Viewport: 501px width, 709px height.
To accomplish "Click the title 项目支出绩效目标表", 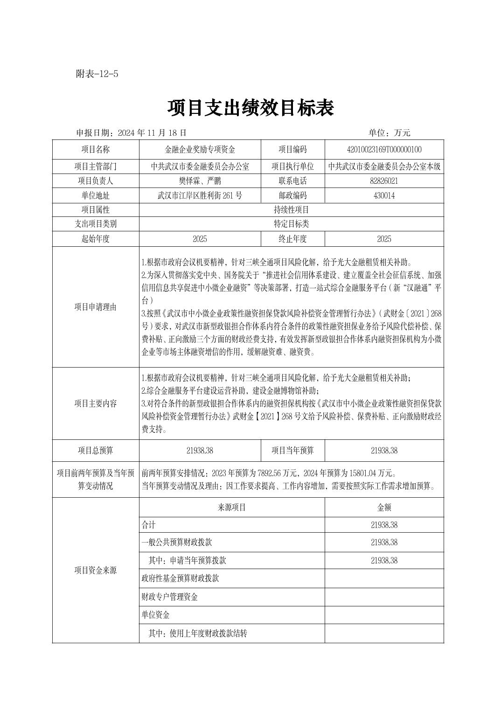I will pos(250,108).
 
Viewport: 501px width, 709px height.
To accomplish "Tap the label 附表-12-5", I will pos(97,74).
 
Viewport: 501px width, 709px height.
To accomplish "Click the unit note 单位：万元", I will pos(389,133).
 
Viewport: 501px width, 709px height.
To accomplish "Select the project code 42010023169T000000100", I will pos(384,150).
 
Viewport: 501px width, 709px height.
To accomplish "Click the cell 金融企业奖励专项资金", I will pos(200,150).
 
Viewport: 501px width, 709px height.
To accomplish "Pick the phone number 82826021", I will pos(384,181).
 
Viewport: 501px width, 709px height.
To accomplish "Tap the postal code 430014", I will pos(384,196).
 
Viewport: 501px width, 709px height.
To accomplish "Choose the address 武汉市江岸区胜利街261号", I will pos(200,196).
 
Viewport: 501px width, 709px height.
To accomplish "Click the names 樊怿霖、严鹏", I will pos(200,181).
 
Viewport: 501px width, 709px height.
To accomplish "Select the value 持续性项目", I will pos(291,210).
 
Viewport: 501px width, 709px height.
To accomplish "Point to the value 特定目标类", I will pos(291,224).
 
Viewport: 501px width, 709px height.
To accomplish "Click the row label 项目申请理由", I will pos(96,307).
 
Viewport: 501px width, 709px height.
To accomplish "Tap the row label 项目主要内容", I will pos(96,403).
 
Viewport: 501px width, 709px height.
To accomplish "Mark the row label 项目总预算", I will pos(96,451).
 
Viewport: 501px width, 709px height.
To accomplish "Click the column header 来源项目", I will pos(232,507).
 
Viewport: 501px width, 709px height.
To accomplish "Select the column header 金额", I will pos(384,507).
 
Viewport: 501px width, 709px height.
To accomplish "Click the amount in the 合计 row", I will pos(384,525).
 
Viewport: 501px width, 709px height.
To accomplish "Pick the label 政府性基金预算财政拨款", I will pos(180,578).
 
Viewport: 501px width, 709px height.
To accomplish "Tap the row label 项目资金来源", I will pos(96,570).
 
